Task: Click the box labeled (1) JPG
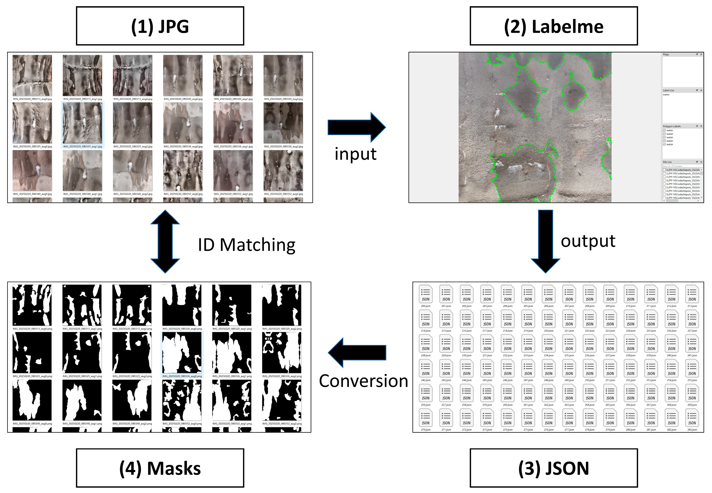point(160,26)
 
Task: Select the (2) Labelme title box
point(553,26)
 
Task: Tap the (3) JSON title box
point(553,468)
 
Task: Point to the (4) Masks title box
point(160,468)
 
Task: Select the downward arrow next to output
point(545,241)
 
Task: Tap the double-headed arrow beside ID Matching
point(165,241)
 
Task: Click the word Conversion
point(364,381)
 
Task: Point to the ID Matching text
point(246,245)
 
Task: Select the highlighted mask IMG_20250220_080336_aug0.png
point(182,353)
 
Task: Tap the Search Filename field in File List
point(680,166)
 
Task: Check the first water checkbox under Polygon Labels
point(664,130)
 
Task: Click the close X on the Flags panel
point(701,54)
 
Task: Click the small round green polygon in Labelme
point(573,94)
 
